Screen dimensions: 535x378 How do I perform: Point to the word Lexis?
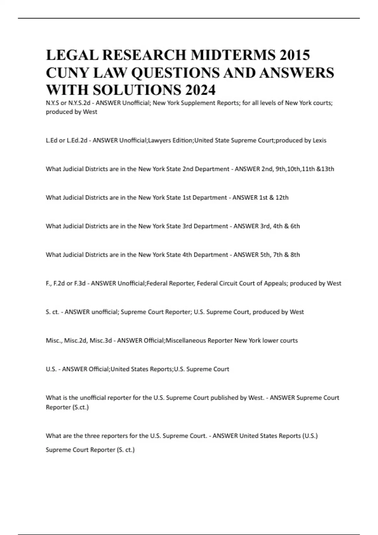319,140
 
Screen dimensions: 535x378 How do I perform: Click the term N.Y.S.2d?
79,103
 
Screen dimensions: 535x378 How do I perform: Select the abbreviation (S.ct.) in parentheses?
81,407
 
